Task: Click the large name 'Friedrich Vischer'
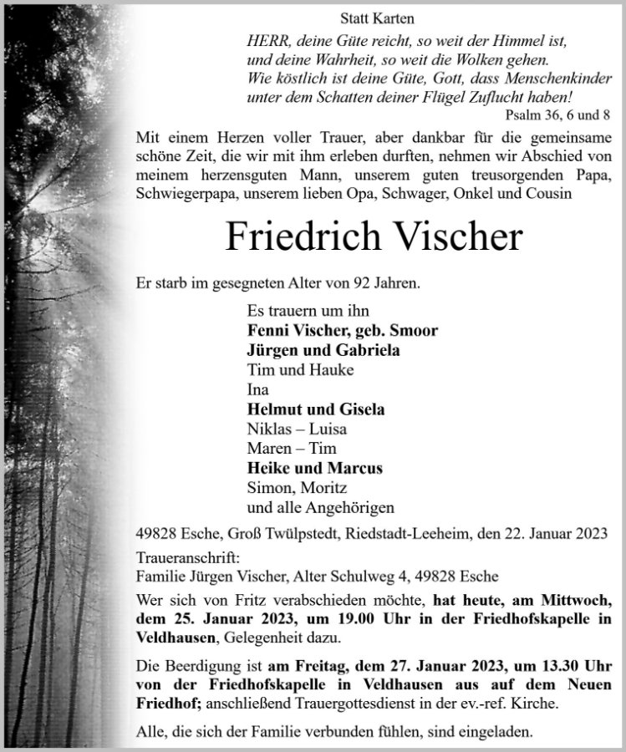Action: click(374, 237)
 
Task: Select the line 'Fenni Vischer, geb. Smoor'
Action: click(343, 330)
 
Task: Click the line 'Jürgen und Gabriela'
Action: click(323, 350)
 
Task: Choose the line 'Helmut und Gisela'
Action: click(315, 409)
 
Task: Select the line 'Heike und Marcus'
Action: click(314, 468)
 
